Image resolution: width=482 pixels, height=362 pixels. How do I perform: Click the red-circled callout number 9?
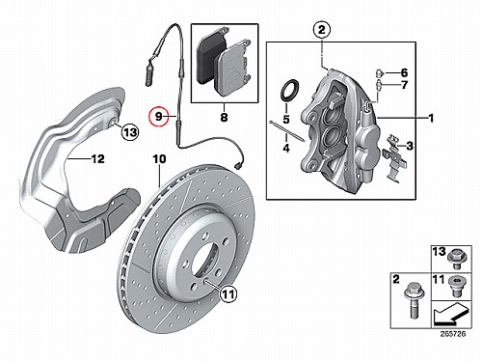click(158, 116)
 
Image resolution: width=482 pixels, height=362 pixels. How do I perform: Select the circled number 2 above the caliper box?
click(322, 30)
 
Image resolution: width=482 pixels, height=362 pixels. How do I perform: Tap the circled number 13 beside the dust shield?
click(130, 132)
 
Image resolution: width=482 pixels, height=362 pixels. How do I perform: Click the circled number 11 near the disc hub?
click(228, 293)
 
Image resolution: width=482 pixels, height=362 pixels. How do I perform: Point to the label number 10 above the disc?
click(159, 159)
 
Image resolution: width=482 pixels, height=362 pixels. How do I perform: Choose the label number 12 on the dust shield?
click(98, 158)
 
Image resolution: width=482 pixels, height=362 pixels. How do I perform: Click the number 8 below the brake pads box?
click(224, 117)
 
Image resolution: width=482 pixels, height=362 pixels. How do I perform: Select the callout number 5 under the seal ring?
click(286, 120)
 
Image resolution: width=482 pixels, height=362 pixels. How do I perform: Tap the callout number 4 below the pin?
click(286, 149)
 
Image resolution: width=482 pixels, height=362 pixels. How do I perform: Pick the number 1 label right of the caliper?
click(431, 118)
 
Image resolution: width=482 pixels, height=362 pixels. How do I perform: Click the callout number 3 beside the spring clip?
click(410, 146)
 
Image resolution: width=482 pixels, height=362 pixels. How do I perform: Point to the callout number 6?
click(404, 72)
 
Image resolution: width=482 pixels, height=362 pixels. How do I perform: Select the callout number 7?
click(404, 85)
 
